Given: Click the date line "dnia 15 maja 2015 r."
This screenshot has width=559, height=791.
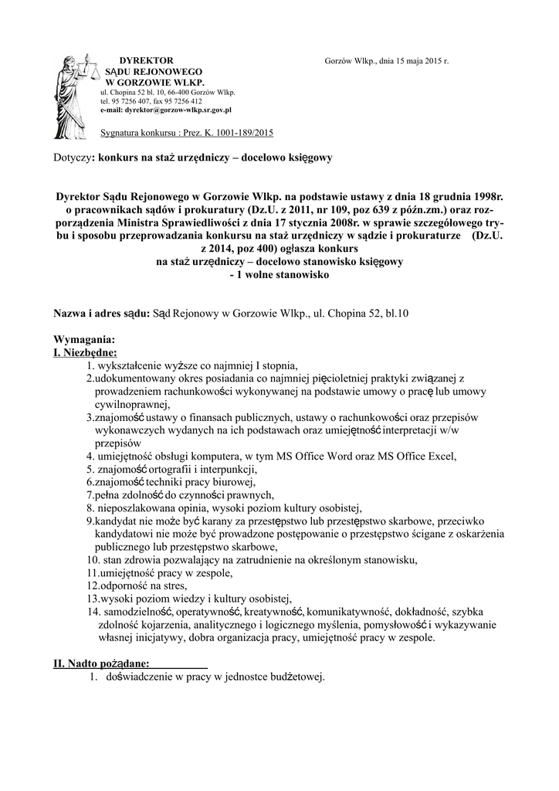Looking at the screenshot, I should click(x=405, y=60).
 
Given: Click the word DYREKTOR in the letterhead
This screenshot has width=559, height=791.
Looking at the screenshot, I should click(x=151, y=60).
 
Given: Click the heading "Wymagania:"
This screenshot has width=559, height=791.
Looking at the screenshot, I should click(x=84, y=340).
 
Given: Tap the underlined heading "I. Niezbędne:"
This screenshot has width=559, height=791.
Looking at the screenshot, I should click(x=85, y=352).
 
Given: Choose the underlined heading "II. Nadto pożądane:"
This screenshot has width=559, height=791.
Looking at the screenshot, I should click(x=101, y=664).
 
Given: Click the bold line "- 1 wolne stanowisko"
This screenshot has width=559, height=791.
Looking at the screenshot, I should click(x=279, y=274).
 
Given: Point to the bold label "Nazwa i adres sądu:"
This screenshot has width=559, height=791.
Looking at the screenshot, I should click(x=101, y=314).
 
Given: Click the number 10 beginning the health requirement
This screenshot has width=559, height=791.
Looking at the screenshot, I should click(x=92, y=559).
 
